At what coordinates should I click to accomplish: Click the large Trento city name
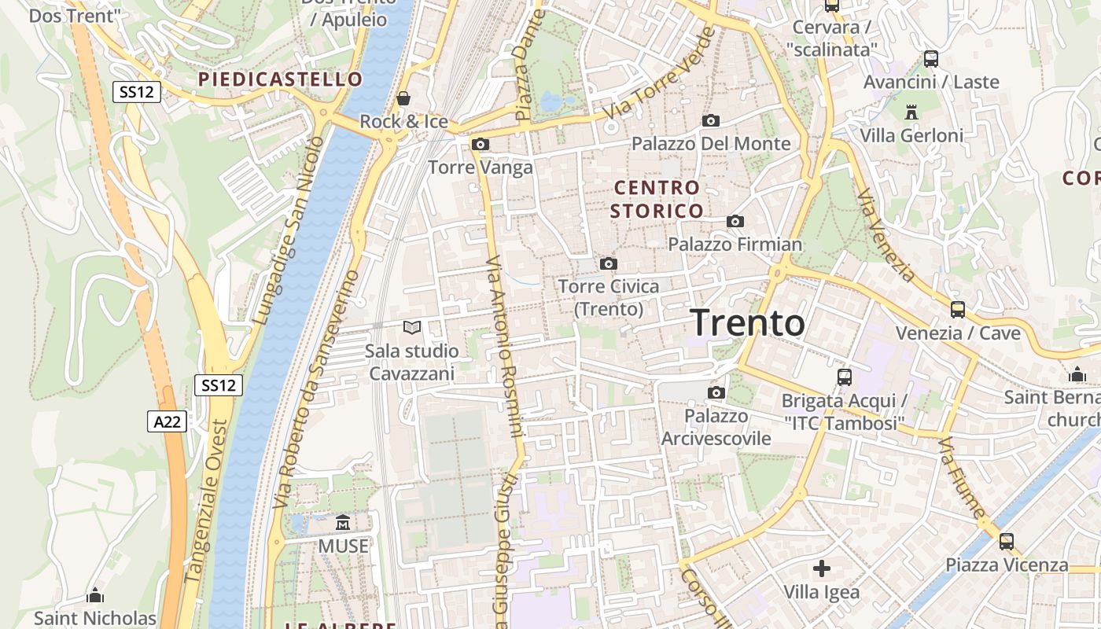[x=747, y=323]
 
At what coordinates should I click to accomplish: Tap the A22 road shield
[x=167, y=421]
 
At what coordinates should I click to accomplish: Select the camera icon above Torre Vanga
[x=481, y=145]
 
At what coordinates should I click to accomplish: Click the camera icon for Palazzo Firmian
[x=735, y=222]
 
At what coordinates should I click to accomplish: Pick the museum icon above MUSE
[x=343, y=522]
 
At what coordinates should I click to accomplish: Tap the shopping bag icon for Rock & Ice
[x=403, y=98]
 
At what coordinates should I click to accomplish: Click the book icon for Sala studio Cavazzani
[x=412, y=327]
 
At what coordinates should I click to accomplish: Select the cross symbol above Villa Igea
[x=822, y=568]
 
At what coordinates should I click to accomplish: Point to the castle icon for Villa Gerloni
[x=911, y=112]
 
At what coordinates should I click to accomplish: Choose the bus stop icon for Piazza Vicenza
[x=1007, y=542]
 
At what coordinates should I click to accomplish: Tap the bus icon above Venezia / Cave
[x=958, y=310]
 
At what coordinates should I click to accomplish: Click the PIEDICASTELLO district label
[x=280, y=79]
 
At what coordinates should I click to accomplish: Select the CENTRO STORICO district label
[x=657, y=199]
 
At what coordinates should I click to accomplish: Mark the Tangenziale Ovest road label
[x=206, y=501]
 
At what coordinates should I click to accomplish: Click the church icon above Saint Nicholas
[x=95, y=596]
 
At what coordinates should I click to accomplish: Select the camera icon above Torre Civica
[x=609, y=264]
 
